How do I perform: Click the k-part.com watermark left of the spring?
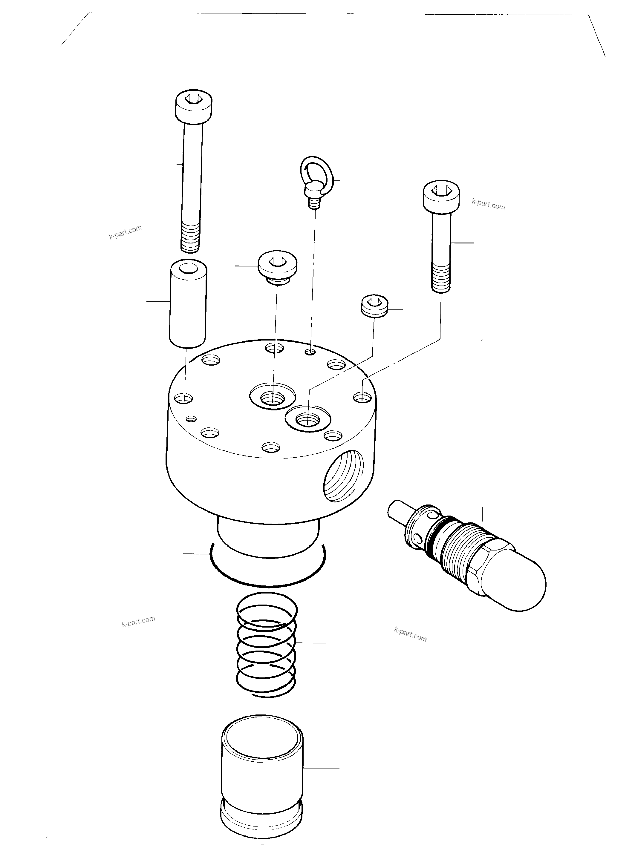coord(138,621)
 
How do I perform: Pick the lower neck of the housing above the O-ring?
coord(268,534)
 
